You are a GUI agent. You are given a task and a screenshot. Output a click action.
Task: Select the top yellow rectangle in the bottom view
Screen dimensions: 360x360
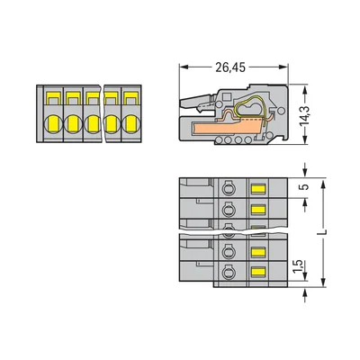tap(257, 187)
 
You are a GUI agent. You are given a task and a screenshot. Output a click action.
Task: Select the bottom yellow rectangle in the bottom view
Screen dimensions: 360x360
tap(257, 272)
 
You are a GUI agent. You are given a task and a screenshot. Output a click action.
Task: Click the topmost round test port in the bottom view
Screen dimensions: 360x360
tap(229, 187)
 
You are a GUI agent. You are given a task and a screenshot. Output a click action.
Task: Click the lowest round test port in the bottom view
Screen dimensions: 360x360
tap(229, 272)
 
